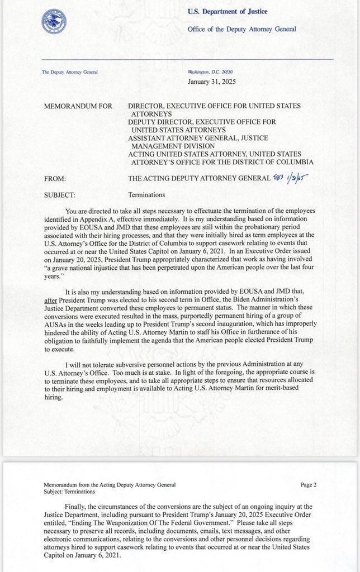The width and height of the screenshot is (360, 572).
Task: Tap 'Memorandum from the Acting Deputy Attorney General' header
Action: click(x=109, y=485)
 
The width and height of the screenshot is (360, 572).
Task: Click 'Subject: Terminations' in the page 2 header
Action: click(x=70, y=492)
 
